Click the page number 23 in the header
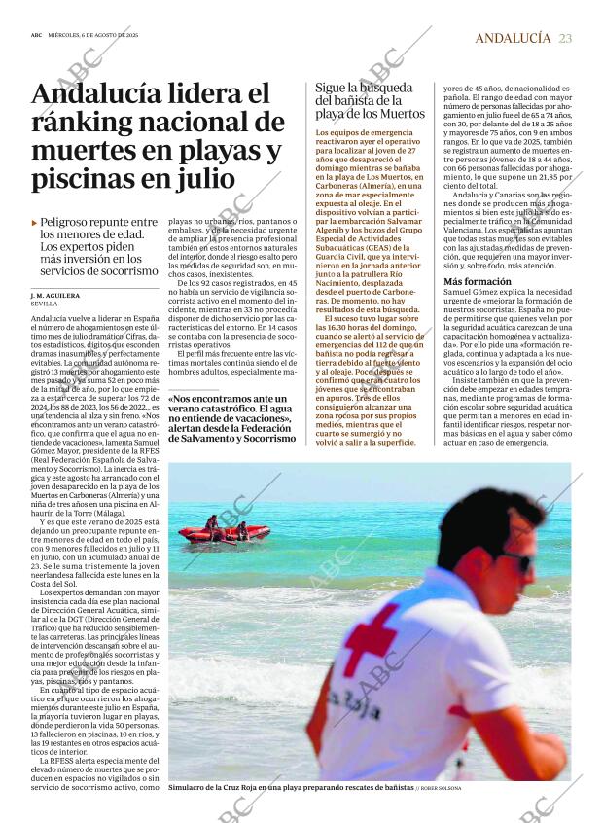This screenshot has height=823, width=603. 566,38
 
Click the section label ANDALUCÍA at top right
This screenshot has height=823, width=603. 513,38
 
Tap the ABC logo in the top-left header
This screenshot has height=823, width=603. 36,38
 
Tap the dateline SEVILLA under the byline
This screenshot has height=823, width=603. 45,304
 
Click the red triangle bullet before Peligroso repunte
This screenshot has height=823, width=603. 35,223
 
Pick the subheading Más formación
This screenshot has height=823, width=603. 478,281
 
